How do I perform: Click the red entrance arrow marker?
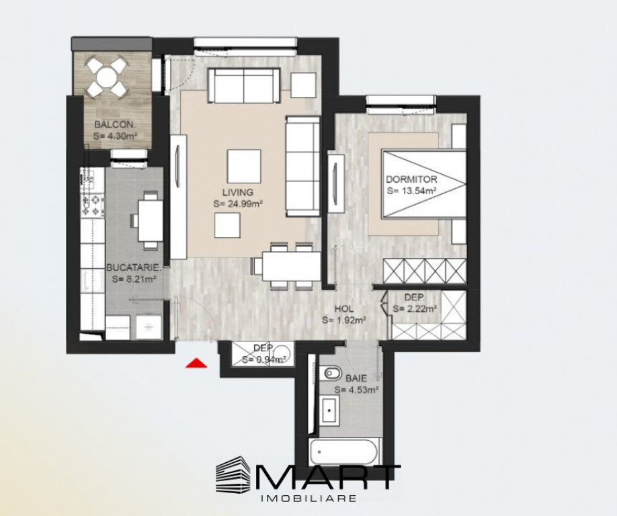coord(196,363)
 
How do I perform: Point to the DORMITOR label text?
coord(412,179)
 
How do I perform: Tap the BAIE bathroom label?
coord(356,378)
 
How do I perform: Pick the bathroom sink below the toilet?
coord(330,408)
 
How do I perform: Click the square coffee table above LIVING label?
coord(243,166)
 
